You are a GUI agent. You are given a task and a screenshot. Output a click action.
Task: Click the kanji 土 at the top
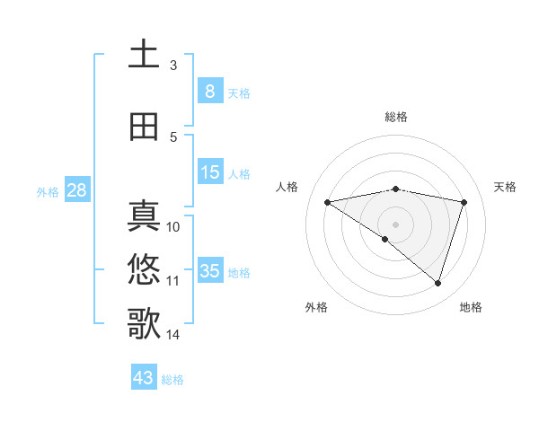[144, 54]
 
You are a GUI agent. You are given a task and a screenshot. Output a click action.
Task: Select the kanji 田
[144, 127]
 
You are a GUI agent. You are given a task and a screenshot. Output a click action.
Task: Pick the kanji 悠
[144, 269]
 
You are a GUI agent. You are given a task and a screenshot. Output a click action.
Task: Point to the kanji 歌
[144, 323]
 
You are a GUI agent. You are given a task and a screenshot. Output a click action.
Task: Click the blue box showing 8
[209, 92]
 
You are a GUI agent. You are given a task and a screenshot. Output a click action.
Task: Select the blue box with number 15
[209, 172]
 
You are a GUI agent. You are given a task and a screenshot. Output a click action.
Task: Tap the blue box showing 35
[209, 271]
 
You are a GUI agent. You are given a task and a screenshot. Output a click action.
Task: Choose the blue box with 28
[75, 191]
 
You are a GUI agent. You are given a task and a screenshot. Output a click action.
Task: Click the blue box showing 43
[143, 378]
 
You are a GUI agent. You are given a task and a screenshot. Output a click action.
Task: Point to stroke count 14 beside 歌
[172, 335]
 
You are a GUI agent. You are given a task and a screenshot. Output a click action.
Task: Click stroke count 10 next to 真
[173, 227]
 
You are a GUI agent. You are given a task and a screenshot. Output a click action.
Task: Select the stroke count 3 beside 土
[172, 66]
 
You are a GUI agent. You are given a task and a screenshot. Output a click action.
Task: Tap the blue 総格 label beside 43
[172, 380]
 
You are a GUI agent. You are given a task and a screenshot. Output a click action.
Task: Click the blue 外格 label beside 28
[47, 192]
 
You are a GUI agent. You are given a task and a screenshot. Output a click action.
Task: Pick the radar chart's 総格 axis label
[396, 117]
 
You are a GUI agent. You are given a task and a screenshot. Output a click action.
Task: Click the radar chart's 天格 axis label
[506, 187]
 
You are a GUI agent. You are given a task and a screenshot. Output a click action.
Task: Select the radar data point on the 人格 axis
[328, 202]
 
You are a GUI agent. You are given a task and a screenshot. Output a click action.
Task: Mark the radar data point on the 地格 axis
[437, 283]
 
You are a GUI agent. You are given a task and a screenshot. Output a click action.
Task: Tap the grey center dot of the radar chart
[395, 223]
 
